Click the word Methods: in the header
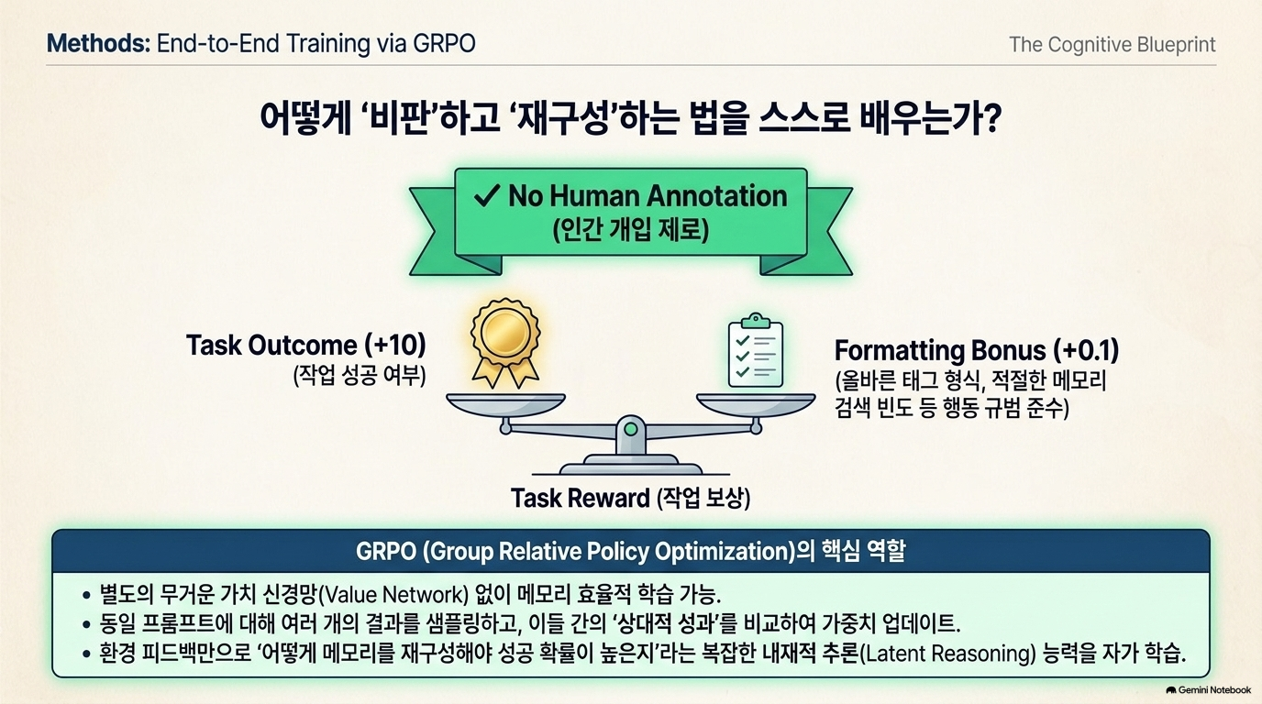(x=99, y=43)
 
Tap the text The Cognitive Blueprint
(x=1113, y=45)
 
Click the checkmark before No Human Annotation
(x=487, y=195)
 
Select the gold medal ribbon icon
(x=505, y=343)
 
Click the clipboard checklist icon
(x=756, y=350)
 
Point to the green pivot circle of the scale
(x=631, y=429)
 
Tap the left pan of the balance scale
(x=505, y=404)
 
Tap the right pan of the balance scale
(x=756, y=404)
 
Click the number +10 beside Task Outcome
(x=395, y=346)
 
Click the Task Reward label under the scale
(x=630, y=499)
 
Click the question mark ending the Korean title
(x=989, y=117)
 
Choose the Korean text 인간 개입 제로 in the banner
(x=630, y=229)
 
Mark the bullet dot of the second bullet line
(x=86, y=624)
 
